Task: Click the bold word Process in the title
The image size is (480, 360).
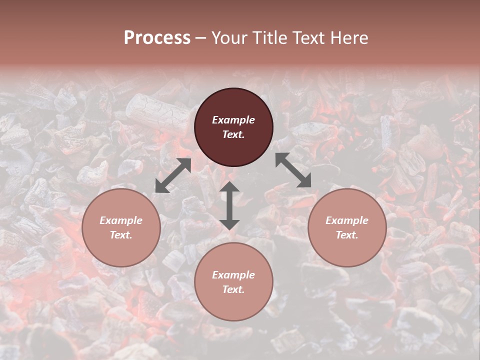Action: coord(157,38)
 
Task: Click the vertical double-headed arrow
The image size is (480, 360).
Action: coord(229,205)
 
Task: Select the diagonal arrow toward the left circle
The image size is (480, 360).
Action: coord(173,175)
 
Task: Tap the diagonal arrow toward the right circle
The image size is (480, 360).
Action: coord(293,170)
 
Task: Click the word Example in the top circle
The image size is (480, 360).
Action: coord(233,120)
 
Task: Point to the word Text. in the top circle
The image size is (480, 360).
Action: coord(233,134)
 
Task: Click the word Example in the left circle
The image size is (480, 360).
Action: coord(121,220)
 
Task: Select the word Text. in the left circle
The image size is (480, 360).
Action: coord(121,235)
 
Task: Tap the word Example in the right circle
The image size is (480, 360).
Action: coord(347,220)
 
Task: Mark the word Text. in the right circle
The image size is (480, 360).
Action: coord(347,235)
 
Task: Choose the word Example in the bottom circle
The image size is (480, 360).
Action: coord(233,275)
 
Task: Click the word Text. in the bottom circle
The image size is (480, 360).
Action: coord(233,289)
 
